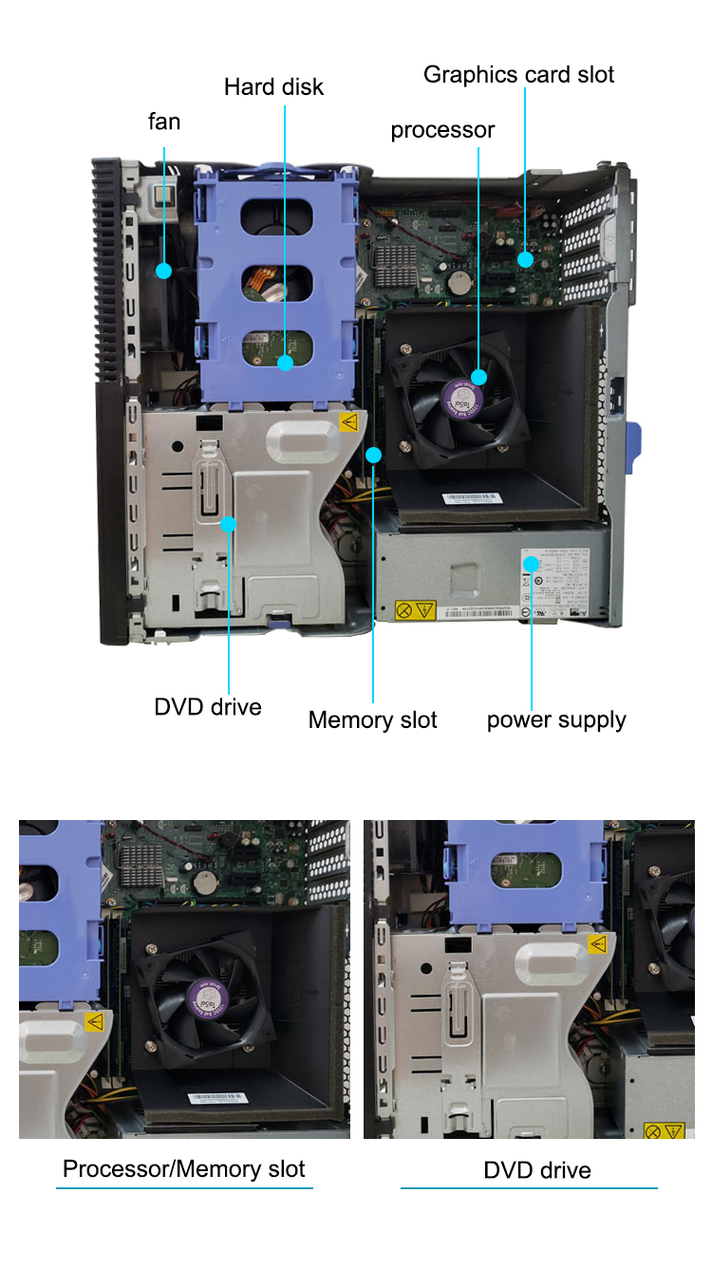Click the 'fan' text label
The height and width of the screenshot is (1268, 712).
pyautogui.click(x=164, y=121)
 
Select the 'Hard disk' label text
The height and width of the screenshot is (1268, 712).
pyautogui.click(x=273, y=87)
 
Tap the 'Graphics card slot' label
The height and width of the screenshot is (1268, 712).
pyautogui.click(x=518, y=75)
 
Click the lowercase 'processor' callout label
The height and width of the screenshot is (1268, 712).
pyautogui.click(x=442, y=130)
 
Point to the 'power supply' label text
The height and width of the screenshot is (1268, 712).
pyautogui.click(x=556, y=719)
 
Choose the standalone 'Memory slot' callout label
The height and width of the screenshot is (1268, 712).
pyautogui.click(x=372, y=720)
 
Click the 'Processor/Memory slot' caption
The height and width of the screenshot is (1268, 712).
pyautogui.click(x=184, y=1168)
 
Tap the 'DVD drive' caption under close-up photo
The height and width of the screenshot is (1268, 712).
pyautogui.click(x=537, y=1170)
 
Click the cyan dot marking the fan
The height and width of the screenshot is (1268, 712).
pyautogui.click(x=163, y=271)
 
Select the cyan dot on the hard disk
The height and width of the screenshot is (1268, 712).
pyautogui.click(x=285, y=363)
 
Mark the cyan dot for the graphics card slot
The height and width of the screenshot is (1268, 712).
pyautogui.click(x=525, y=258)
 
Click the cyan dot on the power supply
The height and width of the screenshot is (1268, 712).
pyautogui.click(x=533, y=564)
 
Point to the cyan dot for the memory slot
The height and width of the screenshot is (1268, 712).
pyautogui.click(x=374, y=455)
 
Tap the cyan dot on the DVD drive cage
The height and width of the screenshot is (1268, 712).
pyautogui.click(x=229, y=523)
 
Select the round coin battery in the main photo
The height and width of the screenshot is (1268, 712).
pyautogui.click(x=460, y=281)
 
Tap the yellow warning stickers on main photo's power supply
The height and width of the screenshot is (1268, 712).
pyautogui.click(x=415, y=609)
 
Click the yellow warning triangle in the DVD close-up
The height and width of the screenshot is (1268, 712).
pyautogui.click(x=597, y=943)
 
